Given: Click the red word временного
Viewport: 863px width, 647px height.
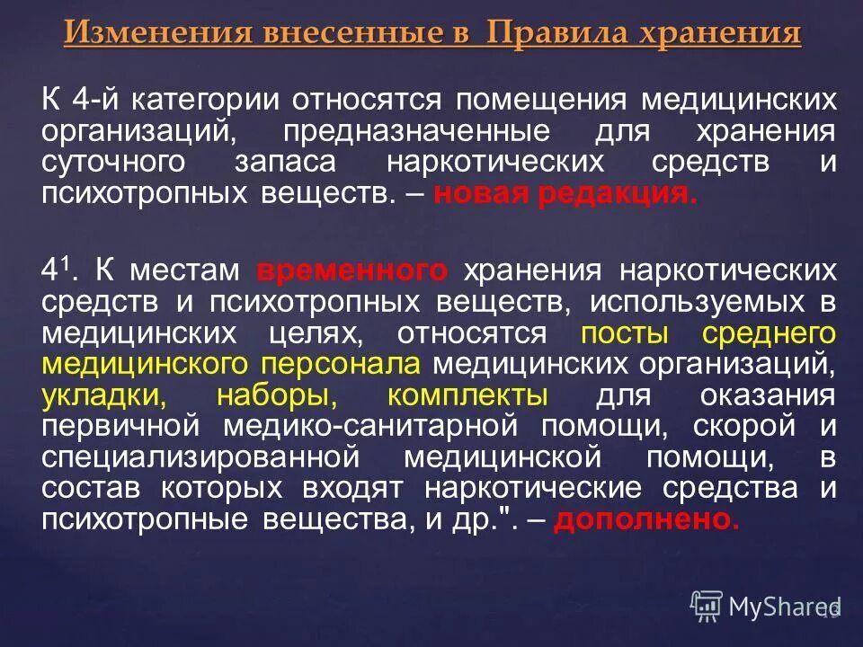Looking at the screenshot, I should click(x=351, y=270).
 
